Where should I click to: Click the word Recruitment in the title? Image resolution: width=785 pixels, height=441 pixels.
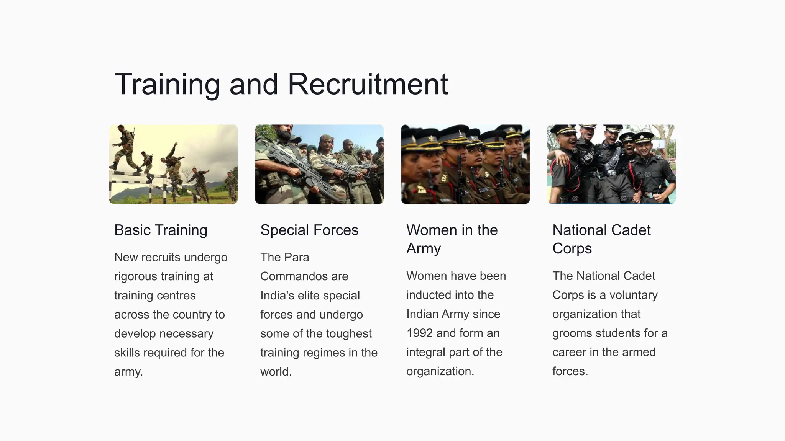click(368, 84)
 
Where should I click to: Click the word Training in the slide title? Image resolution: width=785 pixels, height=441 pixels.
click(167, 84)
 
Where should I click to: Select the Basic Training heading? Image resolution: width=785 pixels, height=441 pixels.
click(161, 230)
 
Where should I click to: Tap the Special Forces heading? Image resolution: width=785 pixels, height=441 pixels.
click(309, 230)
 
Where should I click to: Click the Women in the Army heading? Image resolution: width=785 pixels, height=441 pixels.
click(452, 239)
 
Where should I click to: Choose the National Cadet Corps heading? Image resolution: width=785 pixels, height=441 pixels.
click(601, 239)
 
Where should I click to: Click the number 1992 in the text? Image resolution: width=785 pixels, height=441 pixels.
click(419, 333)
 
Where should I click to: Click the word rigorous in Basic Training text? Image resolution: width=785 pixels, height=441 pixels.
click(136, 276)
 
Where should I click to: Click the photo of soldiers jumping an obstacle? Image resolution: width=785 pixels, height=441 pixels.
click(173, 164)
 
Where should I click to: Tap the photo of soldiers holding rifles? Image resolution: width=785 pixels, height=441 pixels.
click(319, 164)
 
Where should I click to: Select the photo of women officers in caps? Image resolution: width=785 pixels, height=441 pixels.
click(465, 164)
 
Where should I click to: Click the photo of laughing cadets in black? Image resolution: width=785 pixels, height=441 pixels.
click(611, 164)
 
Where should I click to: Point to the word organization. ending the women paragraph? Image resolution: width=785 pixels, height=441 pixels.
click(440, 371)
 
